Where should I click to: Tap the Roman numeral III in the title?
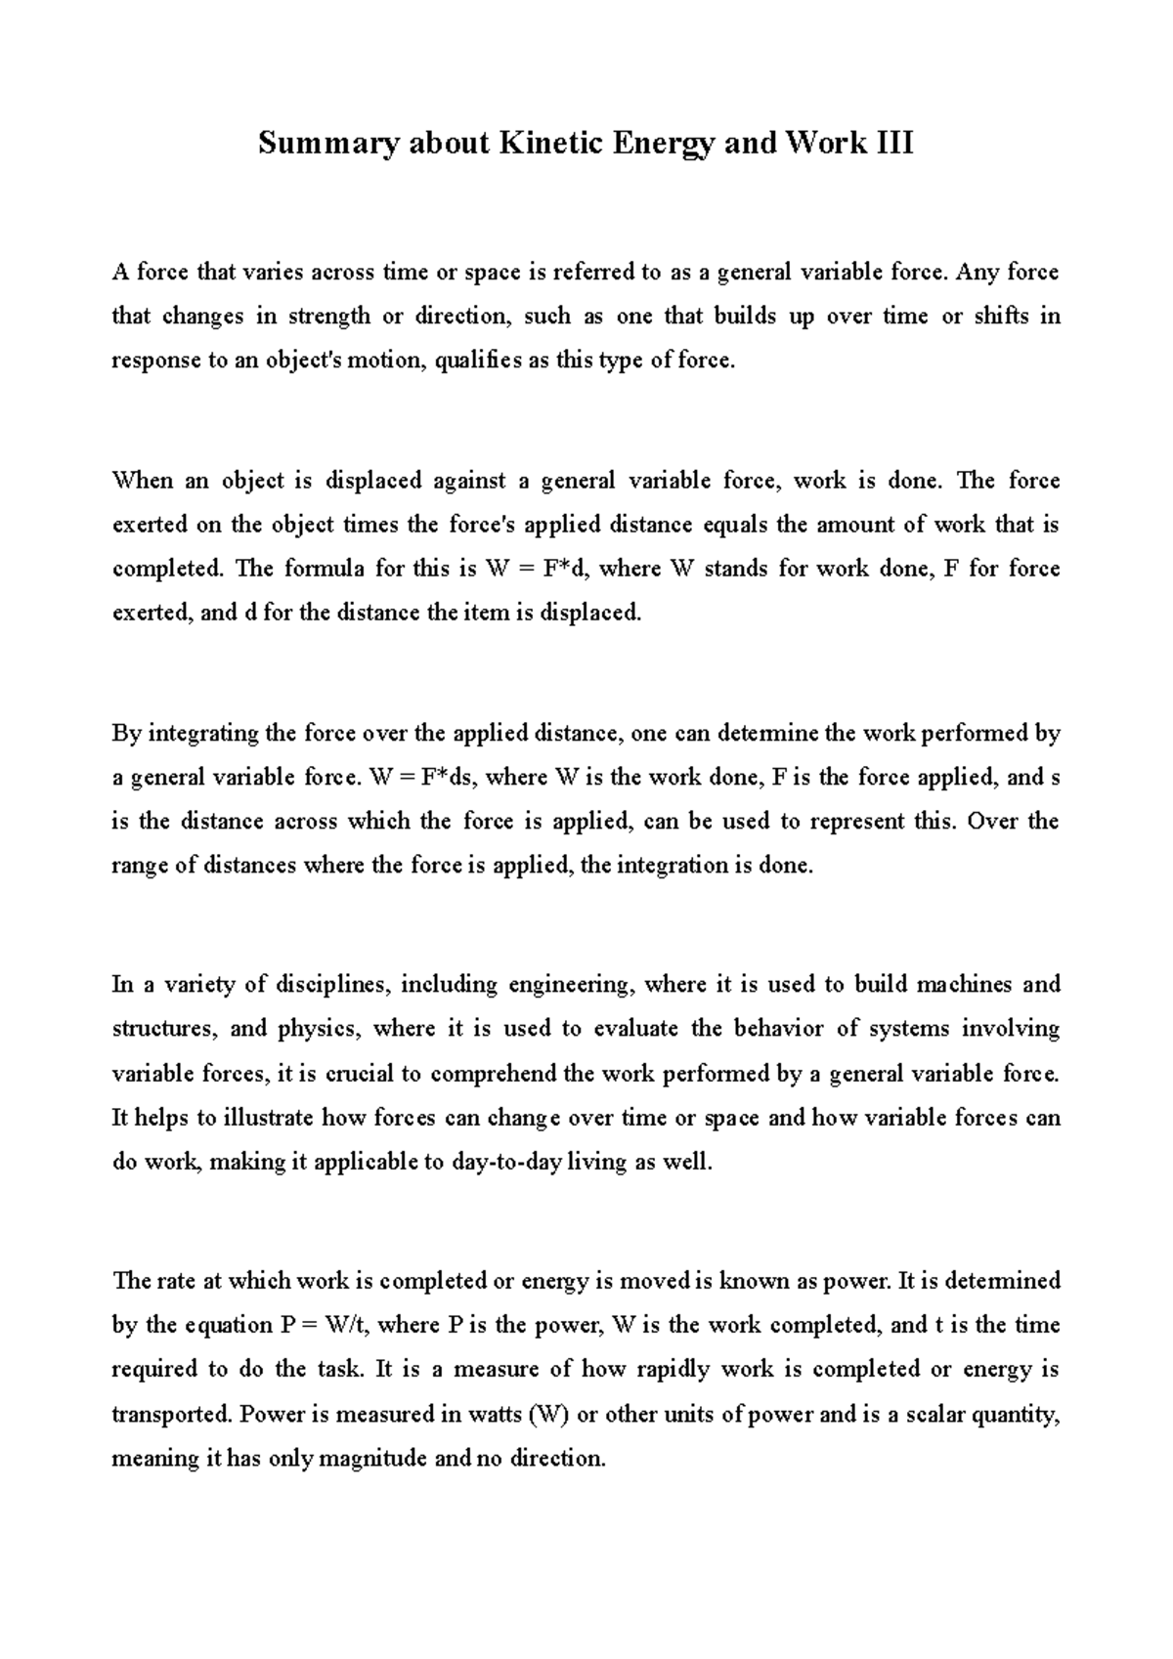[891, 144]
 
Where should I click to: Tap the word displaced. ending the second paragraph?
[591, 614]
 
